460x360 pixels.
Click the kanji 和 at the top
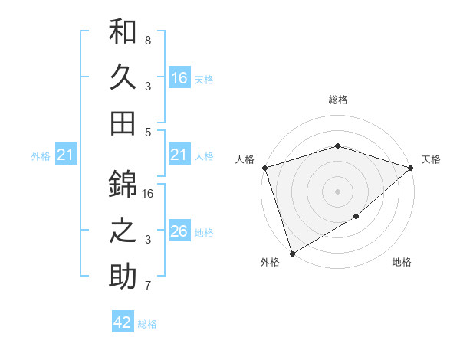pyautogui.click(x=123, y=33)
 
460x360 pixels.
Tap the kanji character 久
pyautogui.click(x=123, y=77)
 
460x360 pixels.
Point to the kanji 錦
pyautogui.click(x=123, y=185)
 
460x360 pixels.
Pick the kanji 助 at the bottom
pyautogui.click(x=123, y=275)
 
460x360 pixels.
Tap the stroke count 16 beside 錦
pyautogui.click(x=149, y=193)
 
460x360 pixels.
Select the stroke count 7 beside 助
pyautogui.click(x=148, y=286)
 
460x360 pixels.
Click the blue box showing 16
pyautogui.click(x=179, y=78)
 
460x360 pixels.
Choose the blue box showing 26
pyautogui.click(x=179, y=231)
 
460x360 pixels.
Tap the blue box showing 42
pyautogui.click(x=123, y=322)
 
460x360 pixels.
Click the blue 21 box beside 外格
pyautogui.click(x=66, y=155)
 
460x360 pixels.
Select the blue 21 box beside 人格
pyautogui.click(x=179, y=155)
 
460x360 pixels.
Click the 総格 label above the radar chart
pyautogui.click(x=337, y=100)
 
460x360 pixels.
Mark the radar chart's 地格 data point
pyautogui.click(x=356, y=218)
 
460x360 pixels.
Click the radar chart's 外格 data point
pyautogui.click(x=291, y=254)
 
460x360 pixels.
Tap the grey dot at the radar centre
pyautogui.click(x=337, y=191)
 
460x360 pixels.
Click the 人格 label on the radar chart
pyautogui.click(x=245, y=159)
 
